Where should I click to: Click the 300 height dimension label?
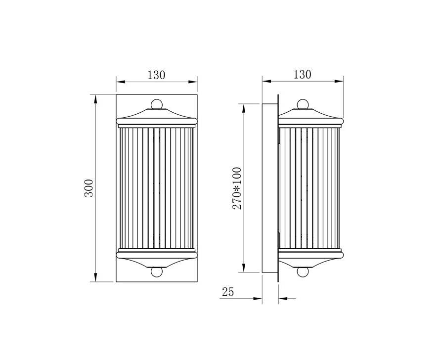(88, 188)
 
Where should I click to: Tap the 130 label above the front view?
(157, 75)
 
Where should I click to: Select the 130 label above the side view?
(303, 74)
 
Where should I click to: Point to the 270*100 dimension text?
(237, 188)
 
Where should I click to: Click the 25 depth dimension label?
(228, 292)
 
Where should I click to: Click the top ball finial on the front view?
(157, 104)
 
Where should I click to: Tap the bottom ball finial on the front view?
(157, 272)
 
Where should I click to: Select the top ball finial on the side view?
(303, 104)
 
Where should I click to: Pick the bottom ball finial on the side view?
(303, 272)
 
